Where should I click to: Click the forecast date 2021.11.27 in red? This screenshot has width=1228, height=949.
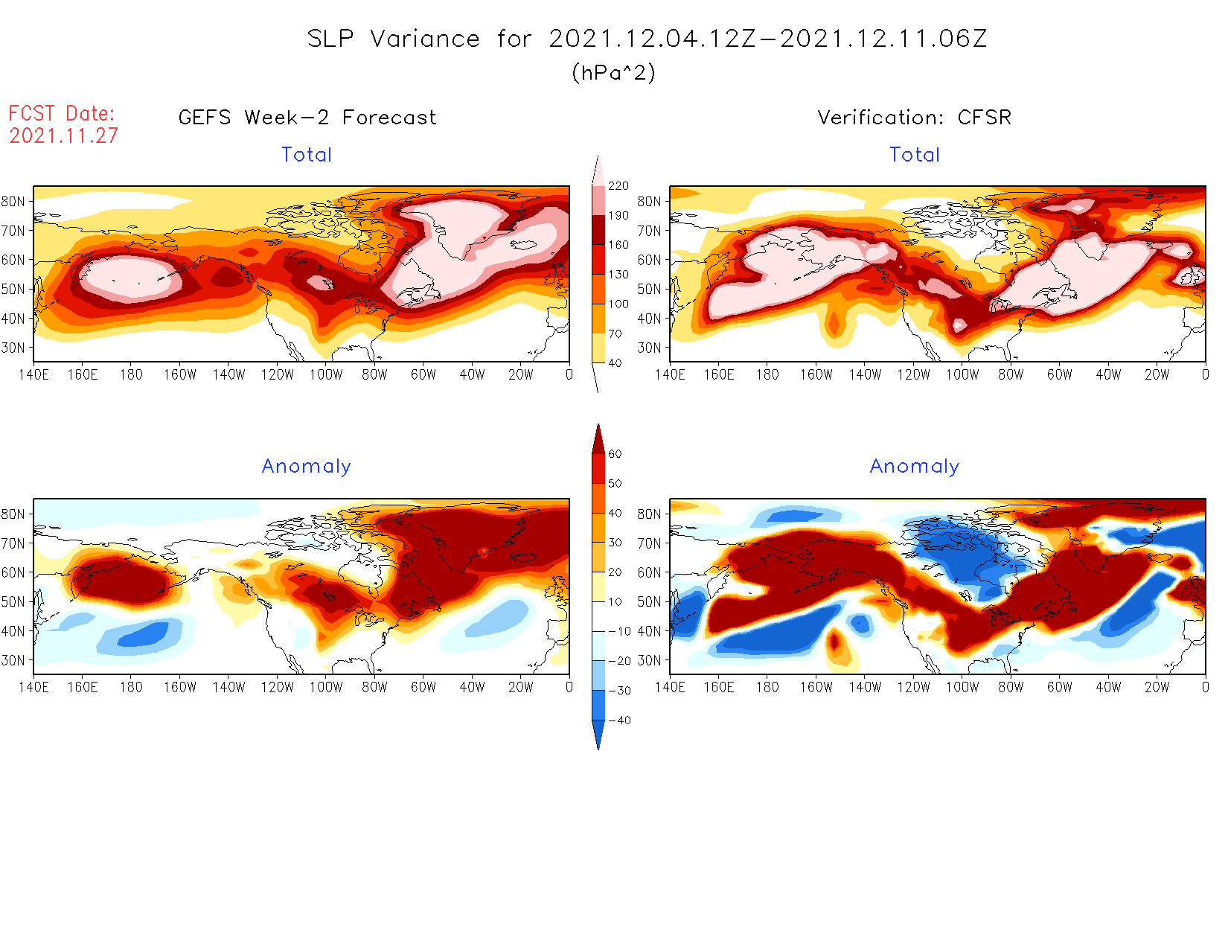[x=63, y=136]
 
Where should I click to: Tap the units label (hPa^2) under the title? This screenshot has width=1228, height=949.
[x=613, y=73]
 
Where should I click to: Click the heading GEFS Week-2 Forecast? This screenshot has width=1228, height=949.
[x=307, y=118]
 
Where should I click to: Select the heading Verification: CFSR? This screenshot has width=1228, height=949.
[x=914, y=118]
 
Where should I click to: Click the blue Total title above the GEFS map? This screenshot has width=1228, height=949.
[x=307, y=155]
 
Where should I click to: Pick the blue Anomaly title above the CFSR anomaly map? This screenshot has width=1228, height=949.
[x=915, y=467]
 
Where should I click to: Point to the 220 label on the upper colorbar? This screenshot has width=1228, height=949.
[x=618, y=186]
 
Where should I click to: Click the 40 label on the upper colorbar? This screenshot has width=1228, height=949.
[x=615, y=363]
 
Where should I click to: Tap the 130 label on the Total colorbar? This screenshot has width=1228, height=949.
[x=618, y=275]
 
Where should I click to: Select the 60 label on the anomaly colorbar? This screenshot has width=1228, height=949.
[x=615, y=454]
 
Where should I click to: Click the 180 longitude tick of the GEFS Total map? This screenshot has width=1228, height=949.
[x=131, y=375]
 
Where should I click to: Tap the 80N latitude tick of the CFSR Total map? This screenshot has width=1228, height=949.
[x=649, y=201]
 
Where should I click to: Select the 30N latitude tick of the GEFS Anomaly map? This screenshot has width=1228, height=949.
[x=13, y=660]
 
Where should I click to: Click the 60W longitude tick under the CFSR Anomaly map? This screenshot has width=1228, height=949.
[x=1059, y=688]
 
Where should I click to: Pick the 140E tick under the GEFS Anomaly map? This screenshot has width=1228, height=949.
[x=33, y=688]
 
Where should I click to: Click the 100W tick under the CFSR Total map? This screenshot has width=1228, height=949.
[x=962, y=375]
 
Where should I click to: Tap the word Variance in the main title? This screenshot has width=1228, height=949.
[x=425, y=39]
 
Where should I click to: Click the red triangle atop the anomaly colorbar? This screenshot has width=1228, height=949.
[x=598, y=439]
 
